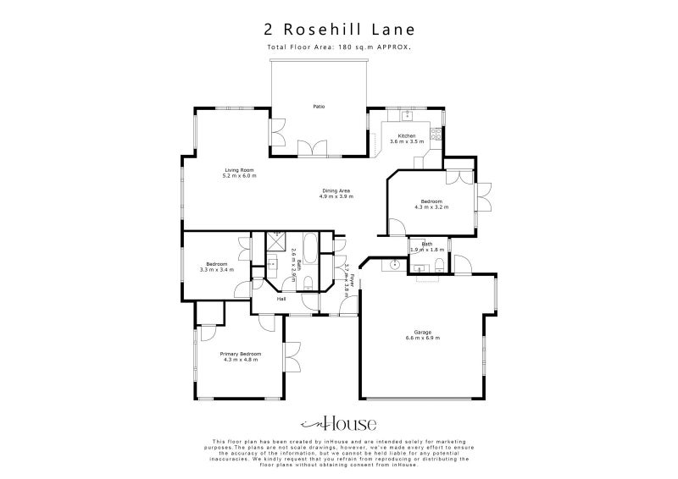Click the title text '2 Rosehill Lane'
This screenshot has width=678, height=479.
pyautogui.click(x=338, y=30)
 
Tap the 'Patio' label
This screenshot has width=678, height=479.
pyautogui.click(x=319, y=107)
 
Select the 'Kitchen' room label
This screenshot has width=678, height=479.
pyautogui.click(x=407, y=136)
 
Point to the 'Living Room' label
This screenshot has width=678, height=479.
pyautogui.click(x=239, y=170)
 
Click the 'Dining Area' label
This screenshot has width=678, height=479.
pyautogui.click(x=336, y=190)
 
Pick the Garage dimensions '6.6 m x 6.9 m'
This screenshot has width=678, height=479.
pyautogui.click(x=425, y=339)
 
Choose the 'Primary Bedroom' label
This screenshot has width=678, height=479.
pyautogui.click(x=240, y=354)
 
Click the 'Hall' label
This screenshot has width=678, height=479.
pyautogui.click(x=280, y=299)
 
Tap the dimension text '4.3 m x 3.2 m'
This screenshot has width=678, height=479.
pyautogui.click(x=431, y=206)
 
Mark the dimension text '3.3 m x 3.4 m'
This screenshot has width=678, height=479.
pyautogui.click(x=216, y=270)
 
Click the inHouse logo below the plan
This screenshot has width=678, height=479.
pyautogui.click(x=338, y=424)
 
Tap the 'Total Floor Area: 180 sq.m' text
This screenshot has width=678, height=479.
pyautogui.click(x=338, y=48)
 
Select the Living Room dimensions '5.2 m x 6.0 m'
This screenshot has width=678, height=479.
pyautogui.click(x=239, y=176)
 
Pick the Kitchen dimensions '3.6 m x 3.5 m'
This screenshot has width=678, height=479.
pyautogui.click(x=407, y=142)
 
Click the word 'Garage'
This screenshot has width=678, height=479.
pyautogui.click(x=425, y=333)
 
